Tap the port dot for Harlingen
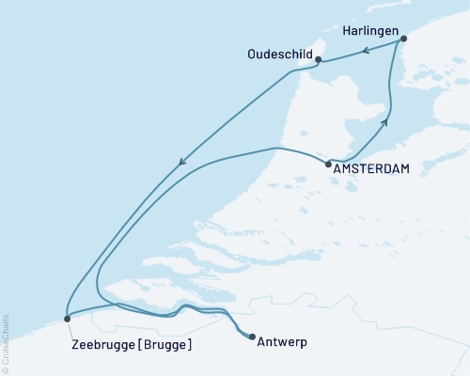click(x=403, y=39)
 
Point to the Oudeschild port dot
click(x=318, y=60)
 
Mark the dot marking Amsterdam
click(x=327, y=165)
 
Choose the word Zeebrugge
click(x=102, y=345)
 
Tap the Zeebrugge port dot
click(x=67, y=320)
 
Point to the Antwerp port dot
click(x=251, y=336)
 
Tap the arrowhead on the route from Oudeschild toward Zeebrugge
click(x=181, y=165)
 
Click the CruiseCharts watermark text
click(x=6, y=343)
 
